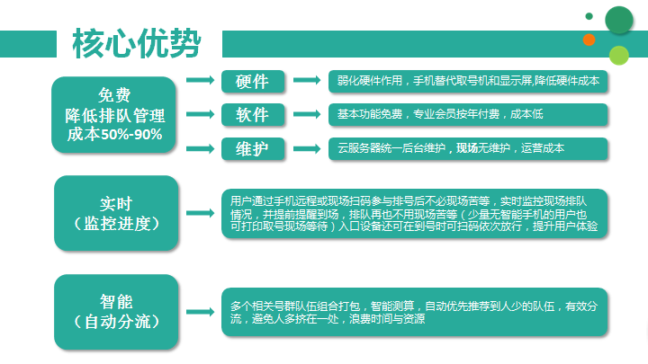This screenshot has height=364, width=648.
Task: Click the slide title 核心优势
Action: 137,43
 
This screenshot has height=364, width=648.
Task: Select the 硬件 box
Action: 253,81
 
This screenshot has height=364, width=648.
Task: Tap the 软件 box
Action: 253,114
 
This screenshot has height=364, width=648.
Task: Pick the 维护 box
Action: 253,148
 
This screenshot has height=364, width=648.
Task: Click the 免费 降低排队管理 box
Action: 113,115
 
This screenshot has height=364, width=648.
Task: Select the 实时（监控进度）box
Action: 116,213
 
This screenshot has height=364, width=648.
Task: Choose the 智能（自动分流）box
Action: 116,312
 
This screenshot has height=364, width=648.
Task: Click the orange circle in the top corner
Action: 589,40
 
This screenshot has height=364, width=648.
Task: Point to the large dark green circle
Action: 618,20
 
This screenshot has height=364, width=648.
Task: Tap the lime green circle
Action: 618,56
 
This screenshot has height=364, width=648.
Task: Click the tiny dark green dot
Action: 589,16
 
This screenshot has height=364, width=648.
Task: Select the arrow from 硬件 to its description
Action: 307,80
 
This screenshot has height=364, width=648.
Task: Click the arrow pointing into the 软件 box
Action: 200,114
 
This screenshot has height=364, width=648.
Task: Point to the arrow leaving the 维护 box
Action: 307,148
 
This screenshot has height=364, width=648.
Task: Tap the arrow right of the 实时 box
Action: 200,213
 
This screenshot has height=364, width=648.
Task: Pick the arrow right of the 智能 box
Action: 200,312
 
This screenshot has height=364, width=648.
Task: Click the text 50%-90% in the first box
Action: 131,135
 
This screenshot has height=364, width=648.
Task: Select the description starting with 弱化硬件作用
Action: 468,81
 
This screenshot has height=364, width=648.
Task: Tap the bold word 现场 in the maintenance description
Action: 467,148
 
